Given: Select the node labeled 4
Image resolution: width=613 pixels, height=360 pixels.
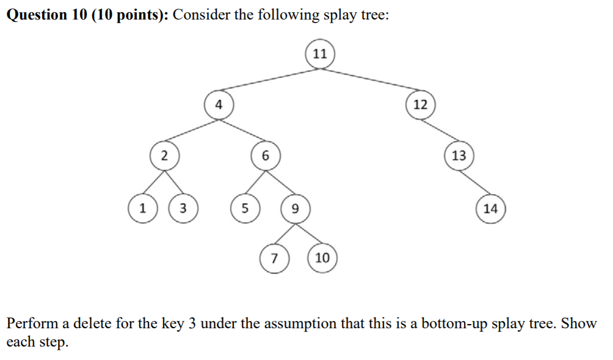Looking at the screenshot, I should pos(218,104).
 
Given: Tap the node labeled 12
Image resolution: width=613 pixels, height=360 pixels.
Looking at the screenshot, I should pos(420,104).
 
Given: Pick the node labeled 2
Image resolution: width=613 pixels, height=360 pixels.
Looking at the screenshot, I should pos(164,155).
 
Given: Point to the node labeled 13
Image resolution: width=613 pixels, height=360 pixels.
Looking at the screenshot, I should pos(459,155).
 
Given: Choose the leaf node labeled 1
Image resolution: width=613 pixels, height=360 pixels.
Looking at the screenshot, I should pos(142,207).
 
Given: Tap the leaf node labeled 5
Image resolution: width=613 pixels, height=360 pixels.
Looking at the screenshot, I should pos(244,207).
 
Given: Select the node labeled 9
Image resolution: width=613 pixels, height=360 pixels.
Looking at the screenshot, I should pos(295,208).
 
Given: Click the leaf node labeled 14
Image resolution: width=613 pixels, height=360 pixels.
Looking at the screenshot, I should pos(490,208).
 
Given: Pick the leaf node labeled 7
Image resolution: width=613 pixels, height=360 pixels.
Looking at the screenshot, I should pos(274,257).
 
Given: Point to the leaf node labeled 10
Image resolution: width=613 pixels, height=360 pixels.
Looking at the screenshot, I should pos(322,257).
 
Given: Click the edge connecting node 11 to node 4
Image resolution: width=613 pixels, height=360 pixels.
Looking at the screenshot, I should pos(269,79).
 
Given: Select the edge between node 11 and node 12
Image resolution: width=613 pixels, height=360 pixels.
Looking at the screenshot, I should pos(370,79).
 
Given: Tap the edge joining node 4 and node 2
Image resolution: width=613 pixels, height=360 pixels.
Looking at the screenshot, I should pos(190,130).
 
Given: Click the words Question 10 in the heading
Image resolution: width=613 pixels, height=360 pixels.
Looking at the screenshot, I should pos(46,15).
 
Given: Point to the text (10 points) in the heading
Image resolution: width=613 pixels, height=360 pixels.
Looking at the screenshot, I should pos(130,15).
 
